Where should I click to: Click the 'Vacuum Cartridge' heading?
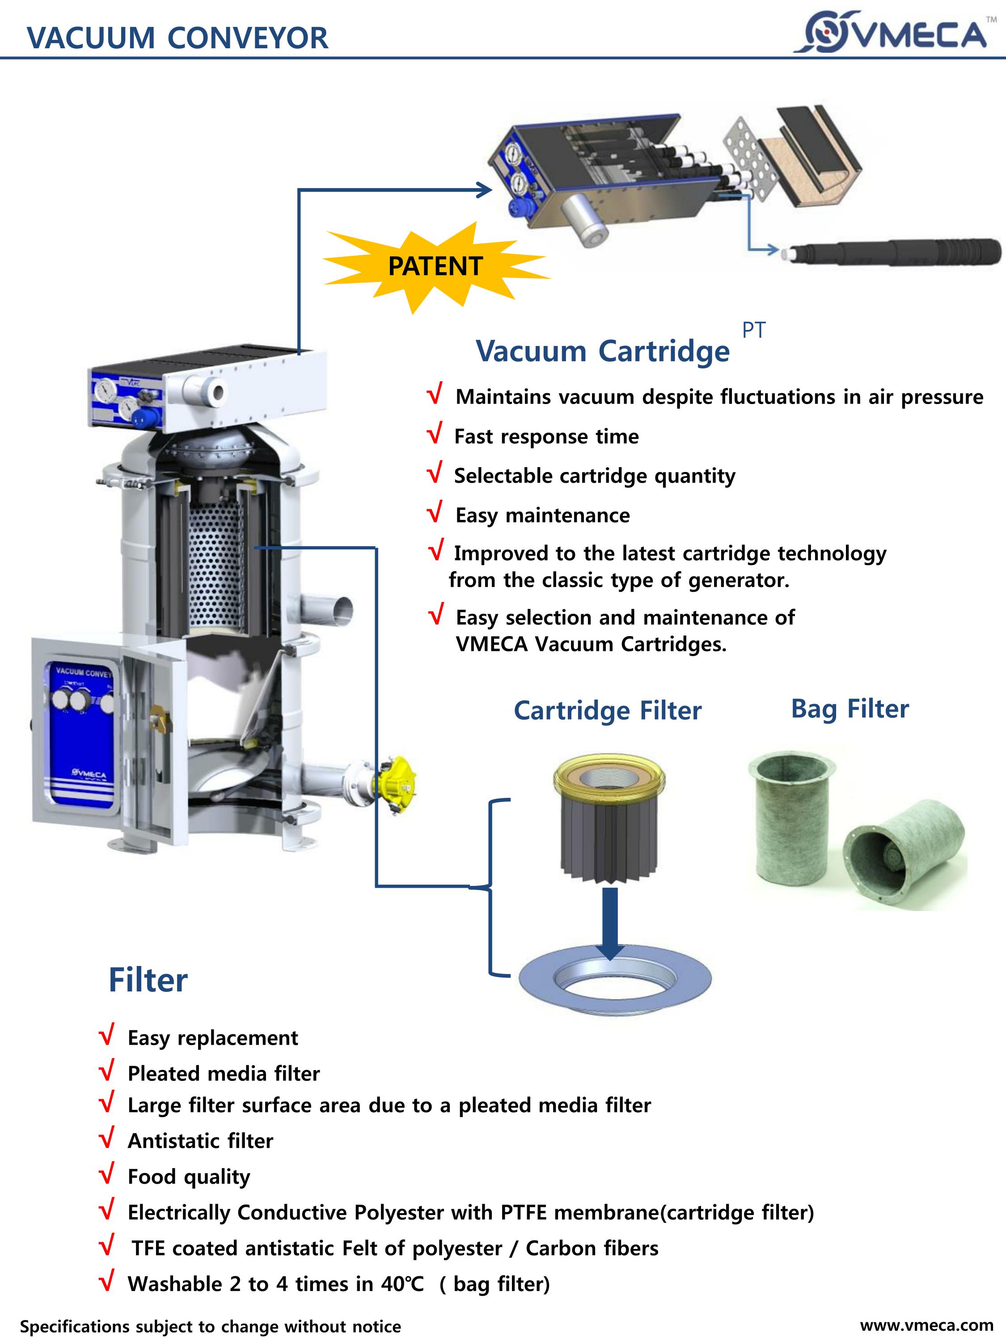coord(603,351)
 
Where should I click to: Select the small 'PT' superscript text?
coord(754,330)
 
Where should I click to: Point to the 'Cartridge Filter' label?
coord(608,711)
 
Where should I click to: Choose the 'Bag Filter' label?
coord(850,708)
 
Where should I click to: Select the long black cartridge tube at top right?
coord(897,252)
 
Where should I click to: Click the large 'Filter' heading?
coord(148,980)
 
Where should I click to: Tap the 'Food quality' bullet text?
coord(189,1177)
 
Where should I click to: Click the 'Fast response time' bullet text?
coord(546,436)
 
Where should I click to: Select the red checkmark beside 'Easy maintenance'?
coord(434,513)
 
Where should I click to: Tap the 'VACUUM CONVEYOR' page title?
coord(177,38)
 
